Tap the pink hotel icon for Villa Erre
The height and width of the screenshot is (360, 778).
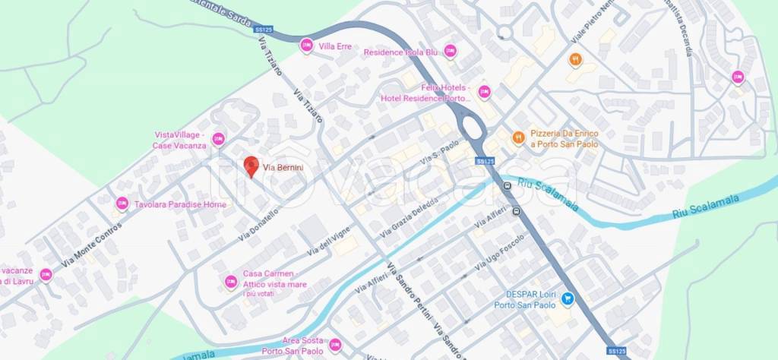[306, 46]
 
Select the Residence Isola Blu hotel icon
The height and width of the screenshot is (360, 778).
[450, 52]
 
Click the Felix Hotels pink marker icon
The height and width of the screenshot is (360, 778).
[484, 93]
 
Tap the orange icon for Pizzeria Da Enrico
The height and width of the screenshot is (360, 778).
[518, 137]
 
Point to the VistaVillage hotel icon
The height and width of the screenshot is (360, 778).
[219, 139]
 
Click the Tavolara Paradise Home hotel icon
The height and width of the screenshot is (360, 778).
[122, 204]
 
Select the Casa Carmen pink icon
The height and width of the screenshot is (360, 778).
[231, 283]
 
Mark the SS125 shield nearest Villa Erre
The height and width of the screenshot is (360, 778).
[265, 30]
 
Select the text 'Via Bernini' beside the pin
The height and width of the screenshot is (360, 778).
[283, 167]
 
